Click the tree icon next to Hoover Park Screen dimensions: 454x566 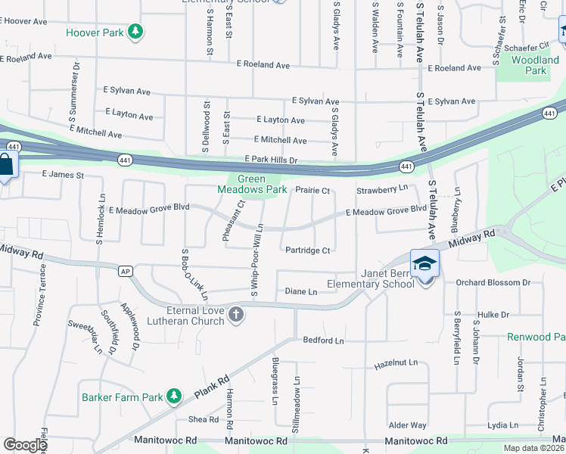click(135, 31)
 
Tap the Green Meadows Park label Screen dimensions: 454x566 click(253, 184)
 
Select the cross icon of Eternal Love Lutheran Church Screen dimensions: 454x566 click(236, 314)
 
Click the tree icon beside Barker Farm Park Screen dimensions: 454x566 click(174, 396)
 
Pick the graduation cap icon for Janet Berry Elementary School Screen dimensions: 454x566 click(424, 263)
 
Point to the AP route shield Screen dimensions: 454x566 click(126, 270)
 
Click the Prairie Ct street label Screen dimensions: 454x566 click(313, 191)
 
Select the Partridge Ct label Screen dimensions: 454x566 click(307, 250)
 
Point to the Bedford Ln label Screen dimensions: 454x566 click(323, 340)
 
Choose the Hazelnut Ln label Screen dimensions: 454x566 click(396, 364)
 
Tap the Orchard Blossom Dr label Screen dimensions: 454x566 click(494, 283)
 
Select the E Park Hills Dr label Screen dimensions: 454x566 click(271, 160)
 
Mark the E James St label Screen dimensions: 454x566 click(62, 174)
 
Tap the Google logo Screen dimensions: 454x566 click(25, 445)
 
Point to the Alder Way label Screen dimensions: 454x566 click(407, 425)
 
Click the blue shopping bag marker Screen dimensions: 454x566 click(6, 165)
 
